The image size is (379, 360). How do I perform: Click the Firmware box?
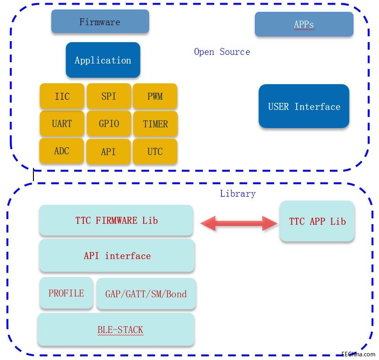tap(100, 21)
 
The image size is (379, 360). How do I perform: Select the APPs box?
tap(304, 24)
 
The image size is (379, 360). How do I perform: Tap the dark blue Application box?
tap(103, 60)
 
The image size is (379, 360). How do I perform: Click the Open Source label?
tap(222, 52)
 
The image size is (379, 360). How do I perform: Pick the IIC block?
tap(62, 97)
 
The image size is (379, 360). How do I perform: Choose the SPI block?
tap(108, 97)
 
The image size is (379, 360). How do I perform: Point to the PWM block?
tap(155, 97)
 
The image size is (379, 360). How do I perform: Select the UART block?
tap(62, 124)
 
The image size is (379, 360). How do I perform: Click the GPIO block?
tap(108, 124)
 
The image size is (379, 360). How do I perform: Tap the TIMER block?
tap(155, 124)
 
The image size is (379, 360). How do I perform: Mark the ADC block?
tap(62, 151)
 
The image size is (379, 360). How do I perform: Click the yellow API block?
tap(108, 151)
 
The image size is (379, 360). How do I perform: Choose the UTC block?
tap(155, 151)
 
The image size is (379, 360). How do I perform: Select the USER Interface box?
tap(304, 106)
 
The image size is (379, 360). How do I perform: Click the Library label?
tap(238, 193)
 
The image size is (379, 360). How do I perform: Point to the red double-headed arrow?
tap(239, 223)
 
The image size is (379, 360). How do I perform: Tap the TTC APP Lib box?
tap(317, 221)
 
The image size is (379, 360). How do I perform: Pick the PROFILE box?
tap(66, 293)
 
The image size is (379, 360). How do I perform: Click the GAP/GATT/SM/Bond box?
tap(146, 294)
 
